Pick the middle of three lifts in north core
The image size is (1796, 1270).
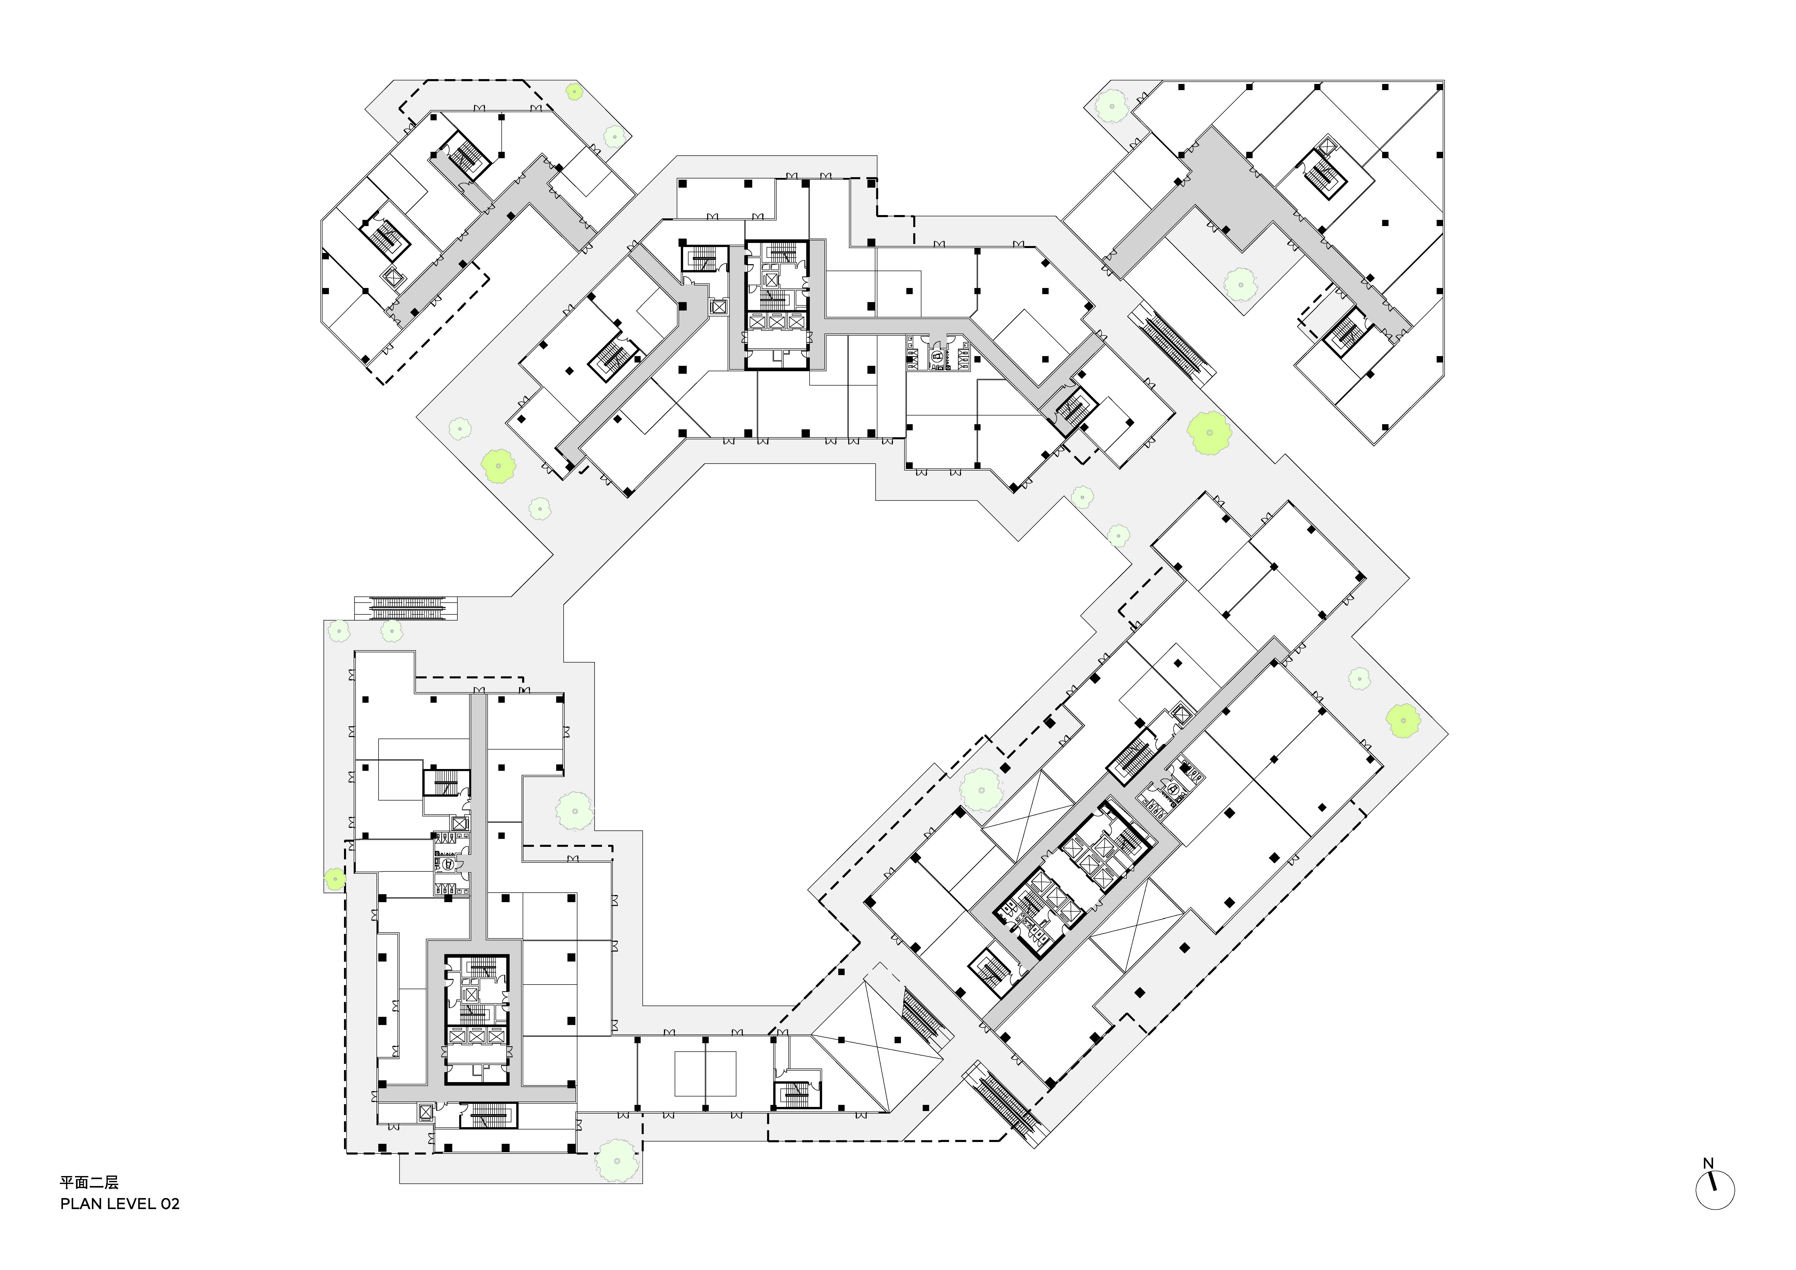click(776, 322)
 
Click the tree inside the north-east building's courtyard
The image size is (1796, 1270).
click(1240, 284)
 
